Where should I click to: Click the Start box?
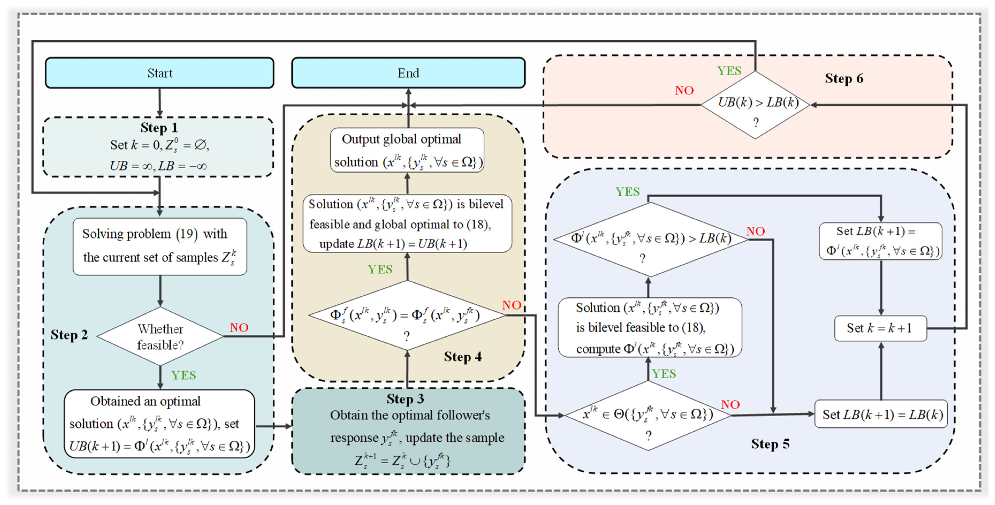click(x=160, y=73)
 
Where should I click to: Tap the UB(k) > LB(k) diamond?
click(x=756, y=105)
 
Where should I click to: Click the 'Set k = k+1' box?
click(x=880, y=328)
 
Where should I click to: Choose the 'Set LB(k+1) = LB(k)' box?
click(x=881, y=414)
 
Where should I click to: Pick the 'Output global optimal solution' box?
click(x=407, y=150)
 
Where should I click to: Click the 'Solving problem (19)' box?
click(x=160, y=246)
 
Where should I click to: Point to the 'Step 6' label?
click(x=844, y=78)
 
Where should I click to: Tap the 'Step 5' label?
click(x=770, y=444)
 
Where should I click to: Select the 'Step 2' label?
click(x=69, y=335)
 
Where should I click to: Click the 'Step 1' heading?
click(x=159, y=128)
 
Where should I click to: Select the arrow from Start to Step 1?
click(x=160, y=102)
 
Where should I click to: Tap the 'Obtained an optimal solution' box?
click(x=159, y=424)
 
